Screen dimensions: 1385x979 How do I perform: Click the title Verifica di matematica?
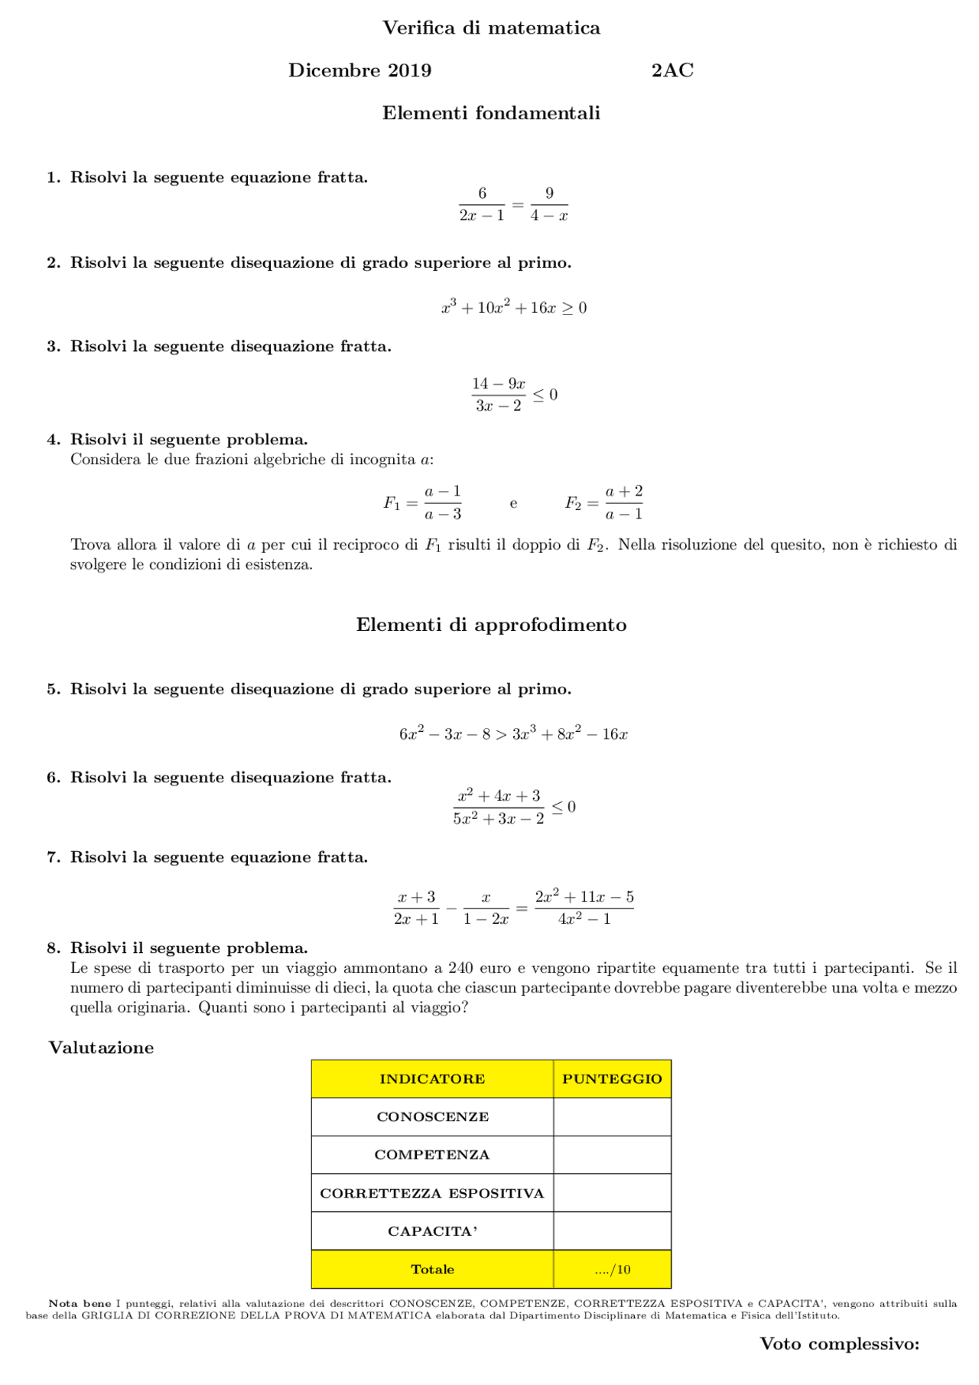click(491, 28)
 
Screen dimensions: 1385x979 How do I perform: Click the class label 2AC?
click(672, 70)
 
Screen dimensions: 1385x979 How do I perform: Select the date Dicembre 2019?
click(359, 70)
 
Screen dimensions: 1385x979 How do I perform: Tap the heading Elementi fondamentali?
click(491, 113)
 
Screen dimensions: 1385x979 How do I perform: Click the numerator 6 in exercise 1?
click(482, 193)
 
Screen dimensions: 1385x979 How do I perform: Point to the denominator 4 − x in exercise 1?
click(549, 216)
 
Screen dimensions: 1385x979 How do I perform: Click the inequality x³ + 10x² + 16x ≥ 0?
click(513, 307)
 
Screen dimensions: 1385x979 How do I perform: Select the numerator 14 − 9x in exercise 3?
click(499, 383)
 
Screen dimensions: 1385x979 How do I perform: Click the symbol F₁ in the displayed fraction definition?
click(392, 503)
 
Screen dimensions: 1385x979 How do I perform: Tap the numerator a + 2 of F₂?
click(624, 491)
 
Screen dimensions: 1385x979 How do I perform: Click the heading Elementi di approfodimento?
click(491, 625)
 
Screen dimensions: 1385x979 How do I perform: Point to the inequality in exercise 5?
click(513, 734)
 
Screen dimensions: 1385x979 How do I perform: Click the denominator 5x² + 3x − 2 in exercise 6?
click(499, 818)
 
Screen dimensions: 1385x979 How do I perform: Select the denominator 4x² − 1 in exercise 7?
click(584, 919)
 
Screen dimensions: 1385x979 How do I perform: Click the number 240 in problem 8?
click(460, 968)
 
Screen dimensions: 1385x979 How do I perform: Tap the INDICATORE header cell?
click(432, 1079)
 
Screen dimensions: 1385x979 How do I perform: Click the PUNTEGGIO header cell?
click(612, 1079)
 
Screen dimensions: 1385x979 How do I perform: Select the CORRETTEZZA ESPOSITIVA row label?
click(432, 1193)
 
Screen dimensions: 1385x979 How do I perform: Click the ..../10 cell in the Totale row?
click(612, 1270)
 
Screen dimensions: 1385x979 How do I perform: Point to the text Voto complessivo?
click(839, 1344)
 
